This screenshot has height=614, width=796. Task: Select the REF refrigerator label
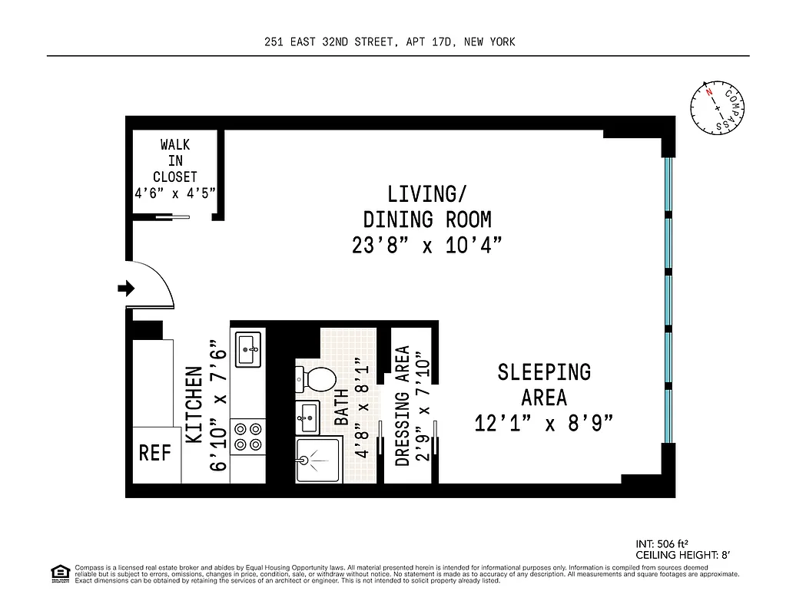click(x=154, y=453)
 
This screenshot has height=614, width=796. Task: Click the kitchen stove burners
click(x=248, y=436)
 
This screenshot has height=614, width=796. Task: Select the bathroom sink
click(x=307, y=418)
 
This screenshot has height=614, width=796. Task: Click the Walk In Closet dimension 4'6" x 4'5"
click(x=176, y=194)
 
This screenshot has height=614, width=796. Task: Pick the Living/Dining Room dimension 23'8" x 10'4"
click(x=427, y=246)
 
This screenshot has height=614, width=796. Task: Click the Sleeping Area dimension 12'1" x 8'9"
click(x=544, y=424)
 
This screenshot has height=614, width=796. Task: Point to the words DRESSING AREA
click(x=401, y=406)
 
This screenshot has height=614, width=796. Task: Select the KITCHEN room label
click(x=194, y=406)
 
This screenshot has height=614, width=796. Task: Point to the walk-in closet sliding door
click(x=172, y=217)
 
